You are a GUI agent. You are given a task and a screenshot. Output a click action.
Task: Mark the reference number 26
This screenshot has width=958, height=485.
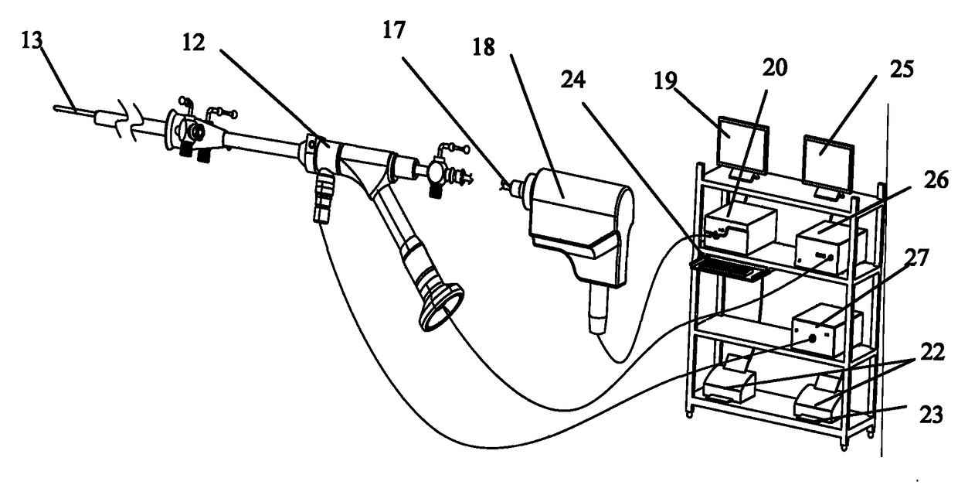click(917, 183)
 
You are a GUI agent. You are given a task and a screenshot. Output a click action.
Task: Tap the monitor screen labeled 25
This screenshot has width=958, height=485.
click(827, 163)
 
